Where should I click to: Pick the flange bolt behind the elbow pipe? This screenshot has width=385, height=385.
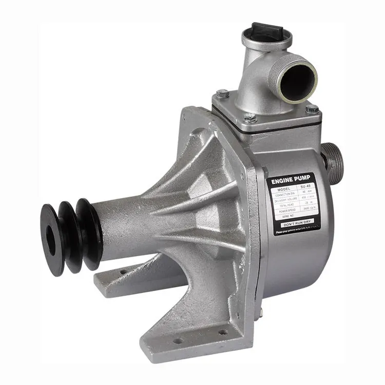(x=222, y=94)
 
